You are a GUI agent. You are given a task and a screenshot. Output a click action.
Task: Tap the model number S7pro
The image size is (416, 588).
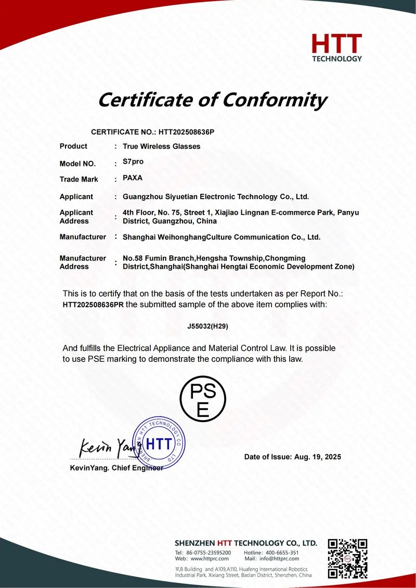133,162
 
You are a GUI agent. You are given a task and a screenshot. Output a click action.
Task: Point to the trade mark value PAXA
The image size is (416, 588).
133,178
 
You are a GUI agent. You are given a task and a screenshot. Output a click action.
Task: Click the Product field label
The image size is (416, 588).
73,147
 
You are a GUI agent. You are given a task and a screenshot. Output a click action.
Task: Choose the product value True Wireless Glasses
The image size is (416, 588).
161,147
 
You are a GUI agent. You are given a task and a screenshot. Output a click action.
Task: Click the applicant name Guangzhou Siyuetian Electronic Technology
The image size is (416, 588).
216,197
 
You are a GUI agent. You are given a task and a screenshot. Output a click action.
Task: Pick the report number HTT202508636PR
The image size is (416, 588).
93,305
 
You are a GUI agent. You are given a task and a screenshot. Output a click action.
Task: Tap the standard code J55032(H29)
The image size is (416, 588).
208,326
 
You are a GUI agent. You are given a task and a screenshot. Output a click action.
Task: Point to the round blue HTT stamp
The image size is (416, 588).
158,443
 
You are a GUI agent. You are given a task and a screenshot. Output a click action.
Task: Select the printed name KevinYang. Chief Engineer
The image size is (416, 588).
116,468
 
